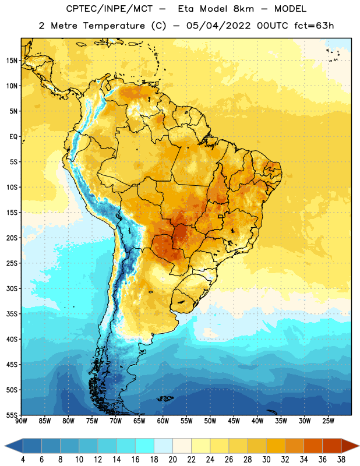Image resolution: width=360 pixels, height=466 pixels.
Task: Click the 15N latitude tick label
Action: coord(12,61)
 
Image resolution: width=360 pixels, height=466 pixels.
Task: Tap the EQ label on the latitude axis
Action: coord(13,137)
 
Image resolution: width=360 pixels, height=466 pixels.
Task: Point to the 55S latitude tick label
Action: coord(12,415)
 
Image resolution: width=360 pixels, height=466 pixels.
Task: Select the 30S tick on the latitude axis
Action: coord(12,288)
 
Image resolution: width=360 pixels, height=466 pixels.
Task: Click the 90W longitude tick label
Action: coord(21,421)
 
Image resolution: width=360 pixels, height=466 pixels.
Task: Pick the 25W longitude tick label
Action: coord(328,421)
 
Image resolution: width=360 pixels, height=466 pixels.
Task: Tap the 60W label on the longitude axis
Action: coord(163,421)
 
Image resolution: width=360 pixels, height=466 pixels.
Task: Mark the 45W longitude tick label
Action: coord(234,421)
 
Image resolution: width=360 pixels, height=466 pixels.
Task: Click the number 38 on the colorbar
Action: coord(341,460)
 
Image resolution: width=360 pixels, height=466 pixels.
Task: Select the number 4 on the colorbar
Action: coord(23,460)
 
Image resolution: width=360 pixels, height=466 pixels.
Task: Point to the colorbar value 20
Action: coord(172,460)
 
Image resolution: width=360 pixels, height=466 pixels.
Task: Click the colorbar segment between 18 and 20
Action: coord(163,446)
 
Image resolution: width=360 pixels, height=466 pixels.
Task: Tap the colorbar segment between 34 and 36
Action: coord(313,446)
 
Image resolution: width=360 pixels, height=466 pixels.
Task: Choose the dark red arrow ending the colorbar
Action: coord(350,446)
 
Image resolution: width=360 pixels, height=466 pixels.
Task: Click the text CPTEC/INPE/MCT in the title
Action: coord(110,9)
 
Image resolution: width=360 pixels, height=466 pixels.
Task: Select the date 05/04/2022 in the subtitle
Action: coord(218,26)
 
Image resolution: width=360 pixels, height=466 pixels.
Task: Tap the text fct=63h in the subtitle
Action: coord(314,26)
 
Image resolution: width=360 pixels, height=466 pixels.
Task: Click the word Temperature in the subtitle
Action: coord(114,26)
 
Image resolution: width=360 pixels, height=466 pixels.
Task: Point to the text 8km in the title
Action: coord(243,9)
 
